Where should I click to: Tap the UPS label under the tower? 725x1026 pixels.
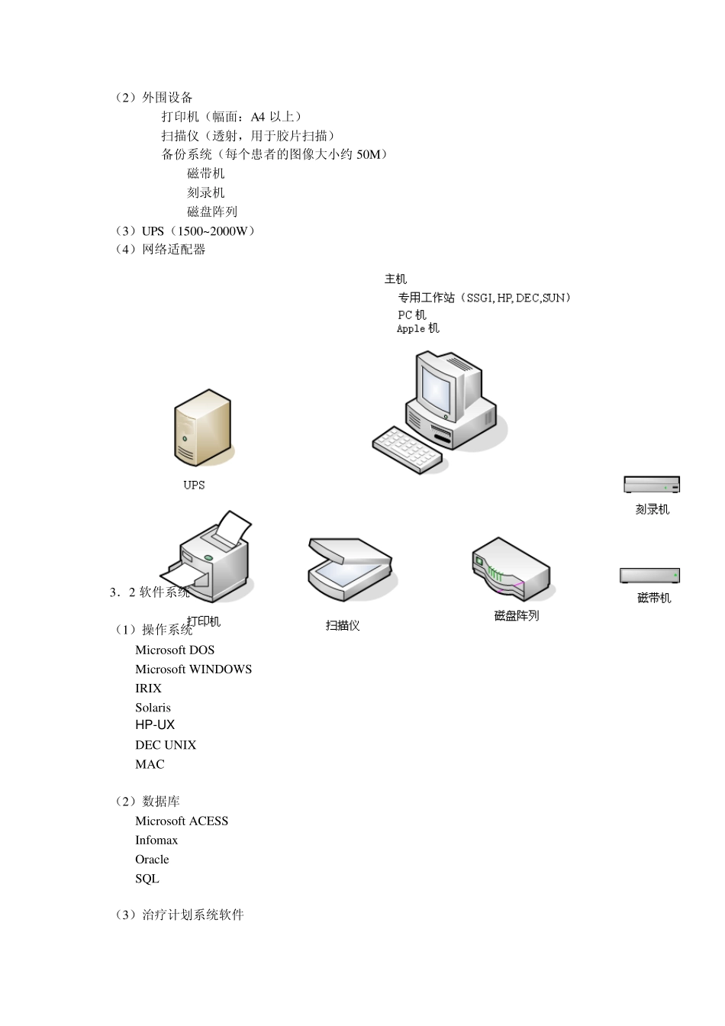(x=194, y=485)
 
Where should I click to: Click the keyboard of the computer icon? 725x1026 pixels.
(x=407, y=450)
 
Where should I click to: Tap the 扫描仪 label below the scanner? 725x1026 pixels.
(x=343, y=625)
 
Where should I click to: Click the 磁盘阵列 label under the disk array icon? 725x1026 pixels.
(x=517, y=615)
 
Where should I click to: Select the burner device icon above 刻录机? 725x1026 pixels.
(x=652, y=485)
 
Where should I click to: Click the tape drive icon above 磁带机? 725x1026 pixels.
(x=649, y=576)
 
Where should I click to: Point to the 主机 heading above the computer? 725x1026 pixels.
(x=395, y=279)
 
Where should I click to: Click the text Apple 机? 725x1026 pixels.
(x=417, y=329)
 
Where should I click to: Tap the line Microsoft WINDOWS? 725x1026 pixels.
(x=193, y=669)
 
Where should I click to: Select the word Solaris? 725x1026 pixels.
(x=153, y=708)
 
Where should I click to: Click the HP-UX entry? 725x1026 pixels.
(x=155, y=725)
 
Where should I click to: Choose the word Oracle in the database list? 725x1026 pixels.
(x=152, y=860)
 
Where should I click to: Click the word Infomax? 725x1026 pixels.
(x=156, y=840)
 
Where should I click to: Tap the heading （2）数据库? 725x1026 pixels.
(x=147, y=802)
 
